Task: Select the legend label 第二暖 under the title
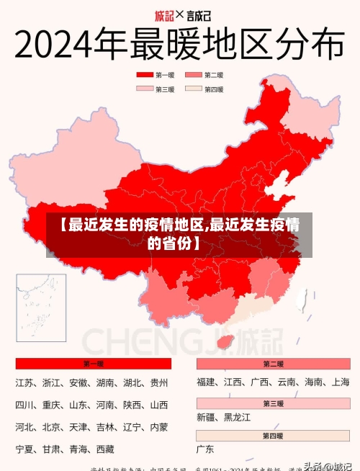click(x=214, y=75)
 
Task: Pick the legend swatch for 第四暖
click(x=194, y=89)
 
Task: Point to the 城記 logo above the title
click(x=165, y=14)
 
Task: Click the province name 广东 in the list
click(x=205, y=449)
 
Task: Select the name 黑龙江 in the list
click(x=237, y=417)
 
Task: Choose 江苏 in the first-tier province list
click(x=24, y=382)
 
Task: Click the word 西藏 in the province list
click(x=105, y=449)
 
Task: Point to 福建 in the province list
click(x=205, y=382)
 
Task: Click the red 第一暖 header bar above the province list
click(x=93, y=364)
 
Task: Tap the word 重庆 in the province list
click(x=51, y=405)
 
